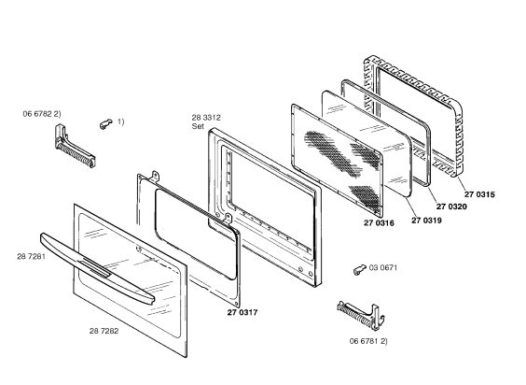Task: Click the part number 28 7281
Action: [x=31, y=257]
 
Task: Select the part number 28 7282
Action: [x=104, y=331]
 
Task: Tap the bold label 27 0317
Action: [x=242, y=312]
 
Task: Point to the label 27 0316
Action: [x=379, y=223]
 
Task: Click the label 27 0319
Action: [x=427, y=221]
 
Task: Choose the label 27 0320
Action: [x=451, y=207]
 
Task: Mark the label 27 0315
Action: [x=479, y=194]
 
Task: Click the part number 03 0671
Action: [x=383, y=267]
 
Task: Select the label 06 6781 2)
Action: [x=368, y=341]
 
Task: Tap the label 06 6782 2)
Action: [x=42, y=114]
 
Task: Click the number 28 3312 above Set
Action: [x=206, y=118]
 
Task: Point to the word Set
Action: [x=198, y=126]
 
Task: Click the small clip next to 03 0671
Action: [x=360, y=269]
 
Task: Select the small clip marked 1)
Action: [x=106, y=123]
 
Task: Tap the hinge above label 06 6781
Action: [x=361, y=314]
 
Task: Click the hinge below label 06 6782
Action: [x=74, y=147]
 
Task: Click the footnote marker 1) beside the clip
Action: [x=120, y=121]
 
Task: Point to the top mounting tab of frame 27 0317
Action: [x=156, y=176]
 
